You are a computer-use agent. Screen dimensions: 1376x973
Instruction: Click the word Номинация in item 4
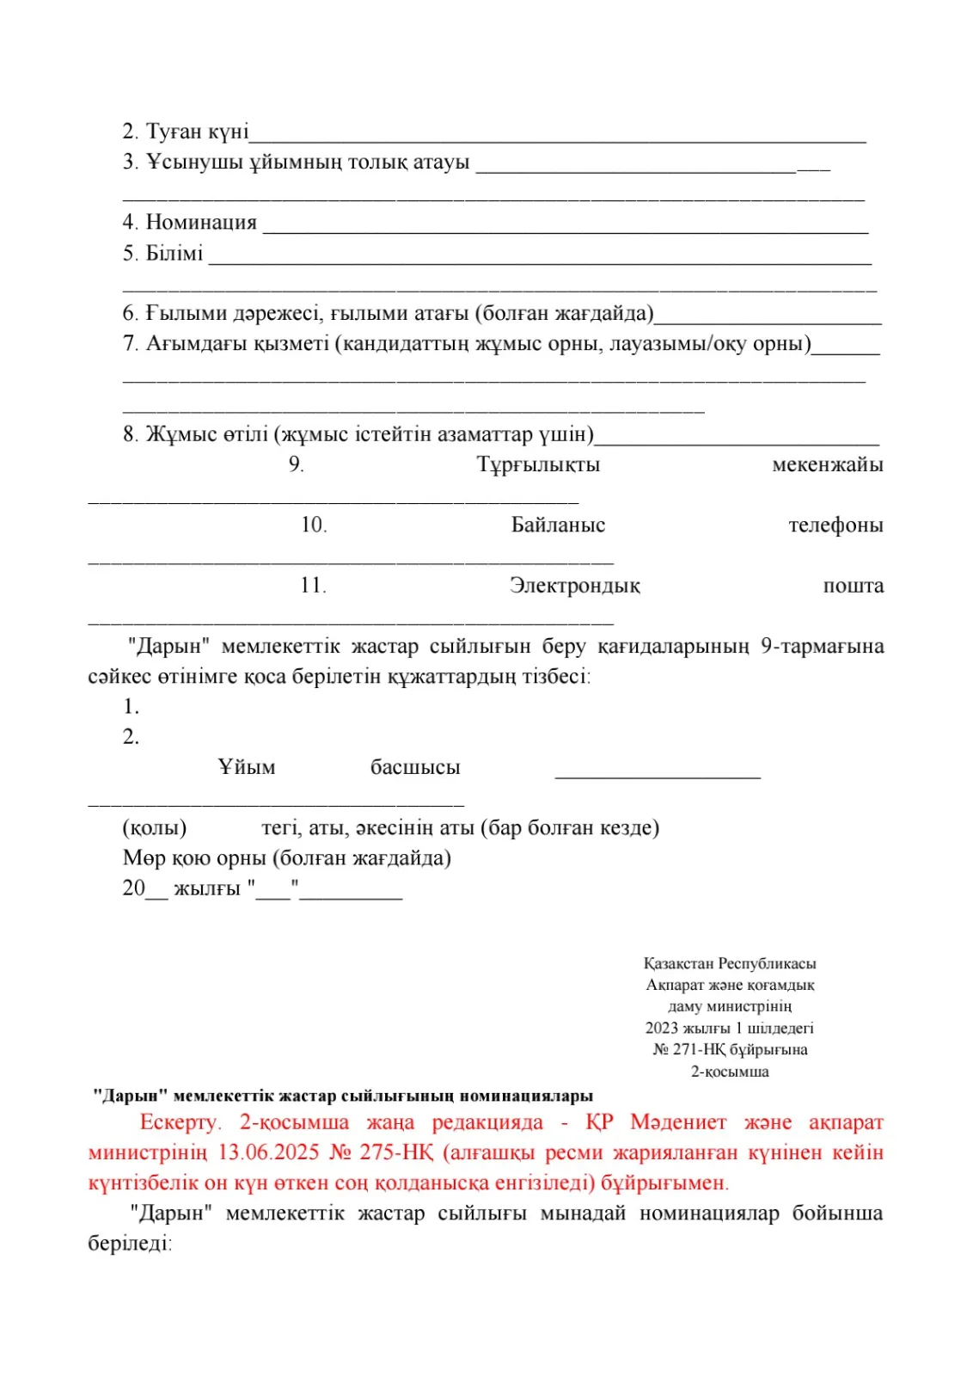click(x=201, y=223)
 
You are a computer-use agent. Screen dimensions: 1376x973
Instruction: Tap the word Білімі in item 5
click(x=174, y=254)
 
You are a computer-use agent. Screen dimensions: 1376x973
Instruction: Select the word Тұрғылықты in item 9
click(x=538, y=465)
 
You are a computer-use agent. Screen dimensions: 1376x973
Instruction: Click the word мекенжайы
click(x=827, y=465)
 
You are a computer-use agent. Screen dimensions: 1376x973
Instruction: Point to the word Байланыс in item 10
click(x=558, y=525)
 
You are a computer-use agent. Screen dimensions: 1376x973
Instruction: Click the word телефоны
click(x=835, y=525)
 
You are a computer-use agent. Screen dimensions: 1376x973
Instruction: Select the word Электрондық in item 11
click(x=574, y=586)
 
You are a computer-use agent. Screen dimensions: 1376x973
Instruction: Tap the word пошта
click(x=853, y=586)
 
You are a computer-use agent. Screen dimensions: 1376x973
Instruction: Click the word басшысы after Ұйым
click(x=415, y=767)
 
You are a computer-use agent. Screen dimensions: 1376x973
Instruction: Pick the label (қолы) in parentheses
click(x=155, y=828)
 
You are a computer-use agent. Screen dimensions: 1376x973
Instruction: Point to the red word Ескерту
click(x=181, y=1122)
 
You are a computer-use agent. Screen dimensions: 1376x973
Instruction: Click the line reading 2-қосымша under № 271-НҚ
click(x=730, y=1072)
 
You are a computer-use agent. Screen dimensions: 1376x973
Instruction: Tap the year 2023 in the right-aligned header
click(x=661, y=1029)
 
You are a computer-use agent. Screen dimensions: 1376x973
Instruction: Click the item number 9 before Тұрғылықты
click(x=296, y=465)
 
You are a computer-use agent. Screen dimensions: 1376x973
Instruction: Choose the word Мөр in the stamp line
click(x=144, y=858)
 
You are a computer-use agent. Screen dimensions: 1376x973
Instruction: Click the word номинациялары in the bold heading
click(x=526, y=1096)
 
